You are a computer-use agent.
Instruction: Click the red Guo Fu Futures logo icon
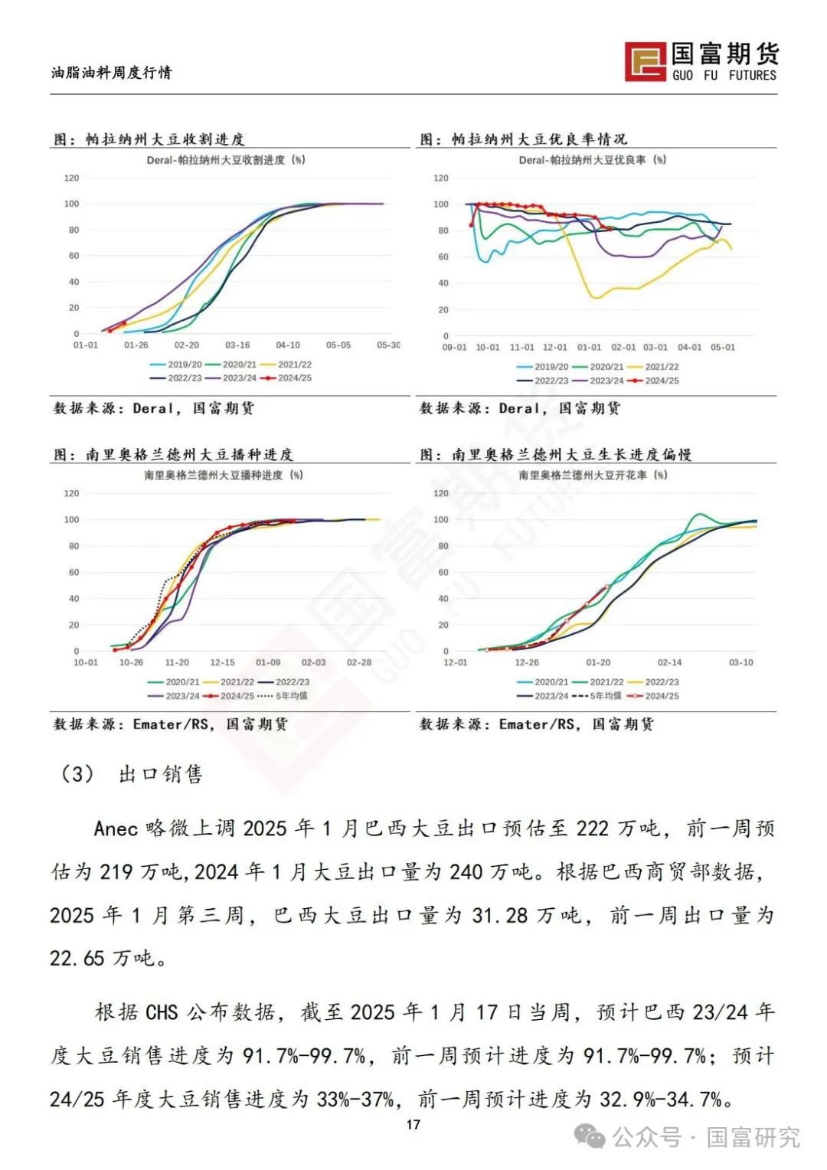click(x=645, y=61)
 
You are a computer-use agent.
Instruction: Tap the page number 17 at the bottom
click(x=413, y=1124)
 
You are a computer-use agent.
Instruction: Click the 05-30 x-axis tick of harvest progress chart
click(x=388, y=345)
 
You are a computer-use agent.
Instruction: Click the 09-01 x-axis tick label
click(x=454, y=348)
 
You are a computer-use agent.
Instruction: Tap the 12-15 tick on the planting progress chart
click(x=222, y=662)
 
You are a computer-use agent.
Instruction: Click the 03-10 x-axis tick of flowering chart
click(x=740, y=662)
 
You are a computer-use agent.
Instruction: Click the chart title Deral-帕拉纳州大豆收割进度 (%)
click(x=226, y=160)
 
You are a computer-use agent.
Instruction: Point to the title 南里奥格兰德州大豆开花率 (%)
click(x=593, y=476)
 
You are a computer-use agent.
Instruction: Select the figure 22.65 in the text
click(x=77, y=958)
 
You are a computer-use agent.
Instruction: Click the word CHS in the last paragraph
click(x=162, y=1012)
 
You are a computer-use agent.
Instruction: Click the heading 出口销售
click(x=161, y=774)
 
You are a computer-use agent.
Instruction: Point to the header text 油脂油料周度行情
click(x=112, y=73)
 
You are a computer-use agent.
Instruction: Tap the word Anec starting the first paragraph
click(x=116, y=828)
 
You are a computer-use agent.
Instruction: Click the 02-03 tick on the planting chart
click(x=313, y=662)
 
